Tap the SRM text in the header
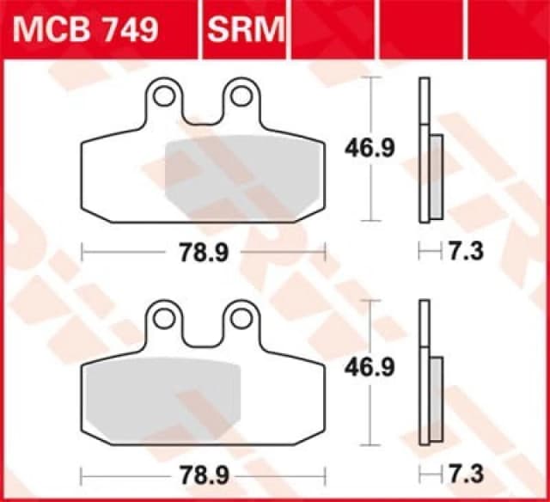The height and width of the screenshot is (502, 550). pos(245,30)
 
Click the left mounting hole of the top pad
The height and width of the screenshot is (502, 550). pos(164,95)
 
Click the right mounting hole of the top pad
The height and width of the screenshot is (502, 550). pos(241,95)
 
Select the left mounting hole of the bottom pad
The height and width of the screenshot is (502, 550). pos(164,319)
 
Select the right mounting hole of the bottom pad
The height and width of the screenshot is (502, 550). pos(241,319)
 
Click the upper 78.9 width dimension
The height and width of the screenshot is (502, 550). pos(202,251)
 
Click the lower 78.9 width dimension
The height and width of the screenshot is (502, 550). pos(202,474)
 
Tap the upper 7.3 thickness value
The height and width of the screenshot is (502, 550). pos(465,251)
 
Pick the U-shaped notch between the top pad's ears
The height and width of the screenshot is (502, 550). pos(202,112)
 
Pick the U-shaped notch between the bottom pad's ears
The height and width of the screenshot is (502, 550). pos(202,336)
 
